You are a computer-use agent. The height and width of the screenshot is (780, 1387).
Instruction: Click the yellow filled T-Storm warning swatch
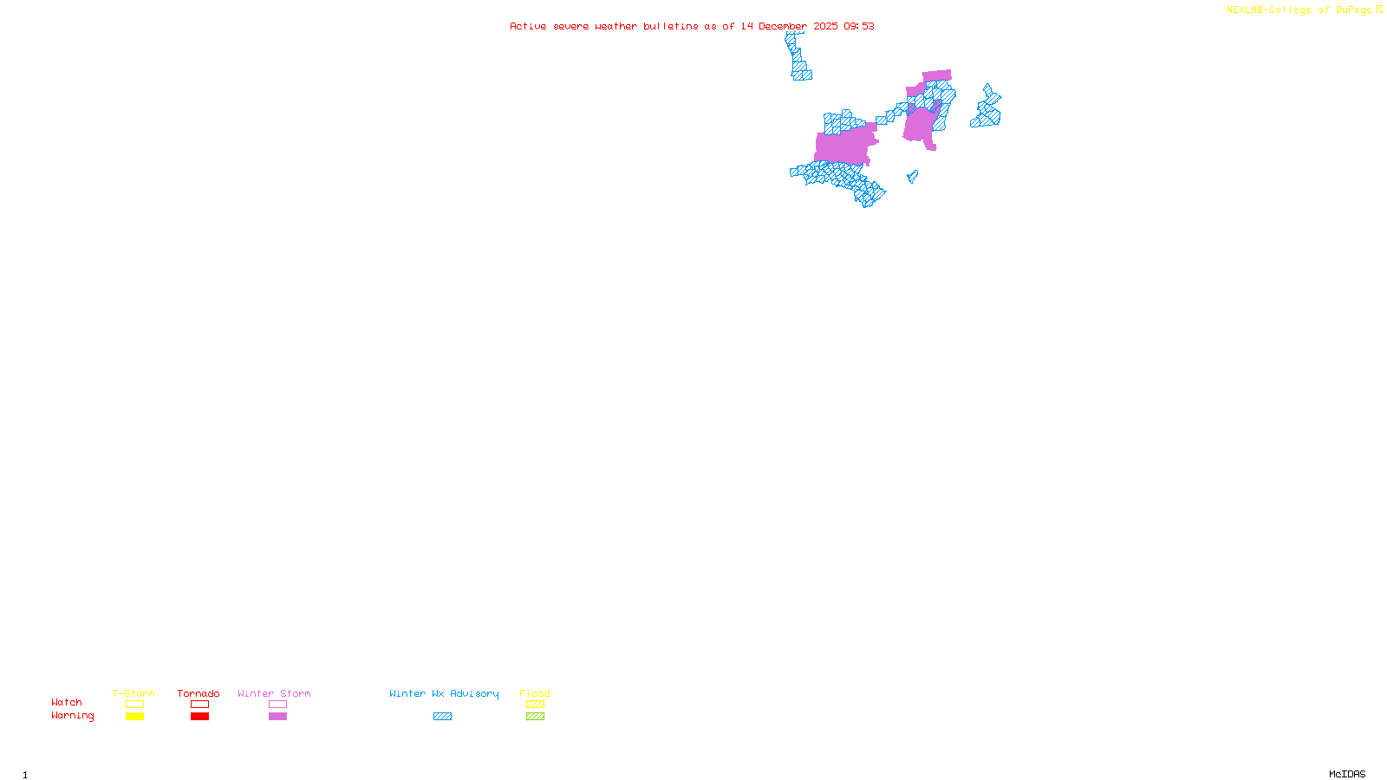[x=134, y=717]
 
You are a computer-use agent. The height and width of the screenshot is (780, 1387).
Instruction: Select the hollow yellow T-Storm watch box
[x=134, y=705]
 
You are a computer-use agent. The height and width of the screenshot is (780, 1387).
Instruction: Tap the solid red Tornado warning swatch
[x=199, y=717]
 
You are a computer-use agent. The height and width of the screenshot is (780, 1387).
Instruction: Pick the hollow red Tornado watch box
[x=199, y=705]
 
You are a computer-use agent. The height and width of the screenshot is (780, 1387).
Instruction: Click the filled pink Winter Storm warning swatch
[x=277, y=717]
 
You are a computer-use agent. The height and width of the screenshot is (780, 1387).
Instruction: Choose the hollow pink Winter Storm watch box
[x=277, y=705]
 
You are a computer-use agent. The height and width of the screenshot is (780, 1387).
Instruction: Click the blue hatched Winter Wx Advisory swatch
[x=442, y=717]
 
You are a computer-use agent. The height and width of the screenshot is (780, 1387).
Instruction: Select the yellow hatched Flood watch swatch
[x=535, y=705]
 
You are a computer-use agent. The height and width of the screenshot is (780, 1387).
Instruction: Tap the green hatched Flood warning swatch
[x=535, y=717]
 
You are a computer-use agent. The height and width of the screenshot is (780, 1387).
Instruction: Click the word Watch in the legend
[x=67, y=703]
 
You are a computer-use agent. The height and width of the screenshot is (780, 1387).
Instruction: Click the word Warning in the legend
[x=73, y=716]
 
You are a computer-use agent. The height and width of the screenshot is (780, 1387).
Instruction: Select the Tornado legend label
[x=199, y=693]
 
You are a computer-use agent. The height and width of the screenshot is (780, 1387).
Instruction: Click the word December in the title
[x=783, y=26]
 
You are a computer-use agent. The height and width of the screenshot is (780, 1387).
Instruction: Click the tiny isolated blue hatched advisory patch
[x=912, y=177]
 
